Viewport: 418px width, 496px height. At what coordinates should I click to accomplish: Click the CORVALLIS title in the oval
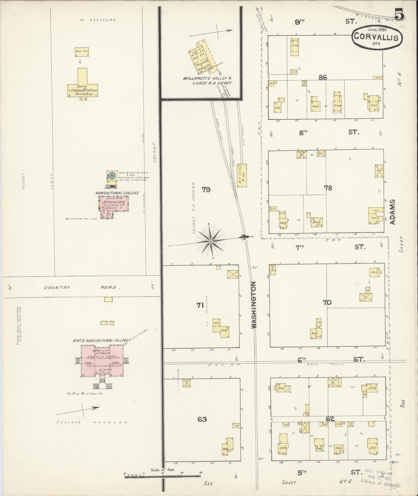[377, 37]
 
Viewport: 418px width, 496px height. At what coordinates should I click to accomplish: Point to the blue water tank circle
[112, 176]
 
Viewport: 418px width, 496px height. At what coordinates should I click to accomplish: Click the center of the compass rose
[211, 241]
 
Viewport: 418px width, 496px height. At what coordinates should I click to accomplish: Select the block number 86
[323, 77]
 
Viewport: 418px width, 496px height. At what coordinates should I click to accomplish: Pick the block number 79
[206, 190]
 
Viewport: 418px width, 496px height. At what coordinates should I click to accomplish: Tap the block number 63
[202, 419]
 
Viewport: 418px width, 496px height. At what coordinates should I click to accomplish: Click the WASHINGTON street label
[254, 305]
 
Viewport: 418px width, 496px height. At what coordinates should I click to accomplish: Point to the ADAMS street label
[392, 212]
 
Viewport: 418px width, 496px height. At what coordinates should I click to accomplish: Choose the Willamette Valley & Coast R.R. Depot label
[207, 81]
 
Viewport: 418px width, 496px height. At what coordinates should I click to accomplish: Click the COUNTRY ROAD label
[82, 288]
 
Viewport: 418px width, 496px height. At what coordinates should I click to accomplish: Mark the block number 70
[327, 302]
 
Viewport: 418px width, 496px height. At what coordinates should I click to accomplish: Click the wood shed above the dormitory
[82, 52]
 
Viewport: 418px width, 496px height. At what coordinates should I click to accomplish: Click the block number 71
[200, 305]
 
